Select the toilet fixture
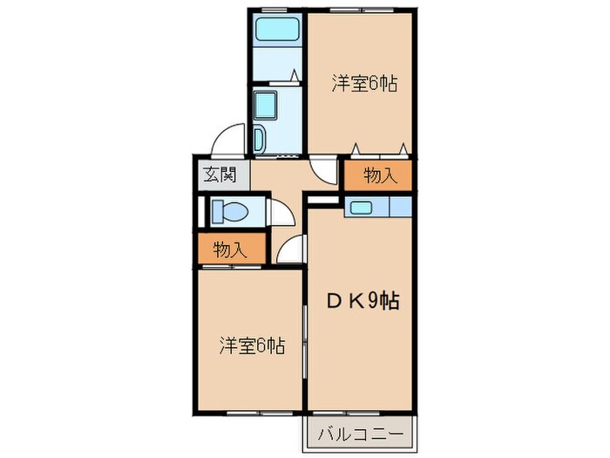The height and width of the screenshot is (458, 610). pyautogui.click(x=231, y=211)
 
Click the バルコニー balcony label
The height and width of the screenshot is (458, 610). pyautogui.click(x=360, y=433)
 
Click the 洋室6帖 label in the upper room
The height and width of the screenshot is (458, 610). pyautogui.click(x=364, y=84)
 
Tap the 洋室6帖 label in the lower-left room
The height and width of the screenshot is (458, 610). pyautogui.click(x=251, y=345)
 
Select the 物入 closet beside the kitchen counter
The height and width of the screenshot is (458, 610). pyautogui.click(x=380, y=175)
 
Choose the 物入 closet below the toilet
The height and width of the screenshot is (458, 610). pyautogui.click(x=227, y=250)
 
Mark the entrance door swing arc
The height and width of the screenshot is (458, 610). pyautogui.click(x=228, y=140)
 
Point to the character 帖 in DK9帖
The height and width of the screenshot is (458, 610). pyautogui.click(x=390, y=302)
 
